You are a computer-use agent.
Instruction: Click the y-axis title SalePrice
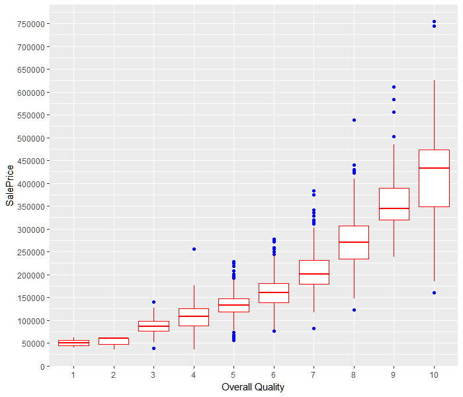(9, 185)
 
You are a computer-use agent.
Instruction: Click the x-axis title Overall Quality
(253, 387)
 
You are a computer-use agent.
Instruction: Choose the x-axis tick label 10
(434, 375)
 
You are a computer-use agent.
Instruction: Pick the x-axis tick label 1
(73, 375)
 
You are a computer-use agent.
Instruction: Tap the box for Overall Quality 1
(73, 343)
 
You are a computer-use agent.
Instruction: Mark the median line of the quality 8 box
(354, 242)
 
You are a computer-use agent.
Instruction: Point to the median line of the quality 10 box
(434, 168)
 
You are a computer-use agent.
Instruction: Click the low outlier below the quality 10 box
(434, 292)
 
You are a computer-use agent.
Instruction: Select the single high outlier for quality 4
(194, 249)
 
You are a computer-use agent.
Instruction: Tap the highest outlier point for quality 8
(354, 120)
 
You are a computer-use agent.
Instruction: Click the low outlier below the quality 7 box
(314, 328)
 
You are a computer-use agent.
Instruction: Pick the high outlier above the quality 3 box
(153, 302)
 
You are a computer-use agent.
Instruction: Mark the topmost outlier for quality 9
(394, 87)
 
